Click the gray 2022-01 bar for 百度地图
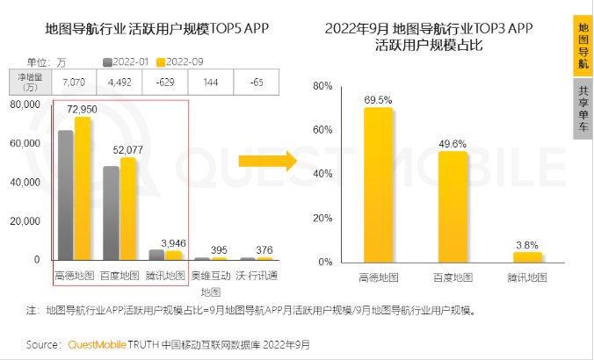(111, 212)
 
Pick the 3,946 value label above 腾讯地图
(173, 241)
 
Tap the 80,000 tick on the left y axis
(25, 104)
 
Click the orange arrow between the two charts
(265, 161)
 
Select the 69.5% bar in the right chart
(378, 184)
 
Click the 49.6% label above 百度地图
(453, 143)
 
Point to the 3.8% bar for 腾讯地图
(527, 257)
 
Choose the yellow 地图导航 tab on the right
(583, 46)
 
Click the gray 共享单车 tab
(583, 109)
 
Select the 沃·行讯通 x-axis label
(257, 276)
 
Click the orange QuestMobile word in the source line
(97, 344)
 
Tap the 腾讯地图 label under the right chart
(527, 277)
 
